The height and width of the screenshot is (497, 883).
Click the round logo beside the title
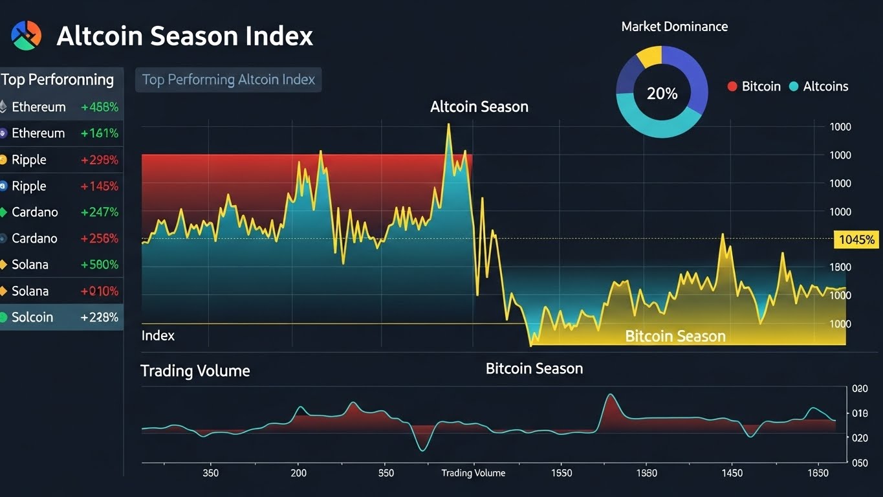pyautogui.click(x=27, y=35)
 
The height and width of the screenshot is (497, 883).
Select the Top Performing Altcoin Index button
pyautogui.click(x=228, y=80)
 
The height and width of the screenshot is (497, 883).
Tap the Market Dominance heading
pyautogui.click(x=674, y=27)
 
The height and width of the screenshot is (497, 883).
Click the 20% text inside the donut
pyautogui.click(x=662, y=94)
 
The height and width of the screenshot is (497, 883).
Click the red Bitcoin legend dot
pyautogui.click(x=732, y=86)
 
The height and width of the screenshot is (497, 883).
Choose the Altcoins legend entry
pyautogui.click(x=825, y=86)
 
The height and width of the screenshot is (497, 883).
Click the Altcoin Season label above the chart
pyautogui.click(x=479, y=107)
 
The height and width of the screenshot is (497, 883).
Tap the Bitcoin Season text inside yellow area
pyautogui.click(x=675, y=336)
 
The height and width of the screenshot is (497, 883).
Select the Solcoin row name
pyautogui.click(x=32, y=317)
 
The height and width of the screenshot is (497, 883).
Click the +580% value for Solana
pyautogui.click(x=99, y=265)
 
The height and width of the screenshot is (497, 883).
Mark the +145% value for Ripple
pyautogui.click(x=99, y=186)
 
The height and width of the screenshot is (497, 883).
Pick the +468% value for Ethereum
pyautogui.click(x=99, y=107)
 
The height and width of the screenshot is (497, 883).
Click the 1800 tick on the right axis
pyautogui.click(x=840, y=267)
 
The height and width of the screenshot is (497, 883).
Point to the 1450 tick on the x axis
pyautogui.click(x=732, y=473)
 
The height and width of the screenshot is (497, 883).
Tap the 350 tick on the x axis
pyautogui.click(x=210, y=473)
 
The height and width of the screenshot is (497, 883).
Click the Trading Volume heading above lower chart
pyautogui.click(x=195, y=371)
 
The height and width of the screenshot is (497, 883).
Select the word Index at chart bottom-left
pyautogui.click(x=158, y=335)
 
